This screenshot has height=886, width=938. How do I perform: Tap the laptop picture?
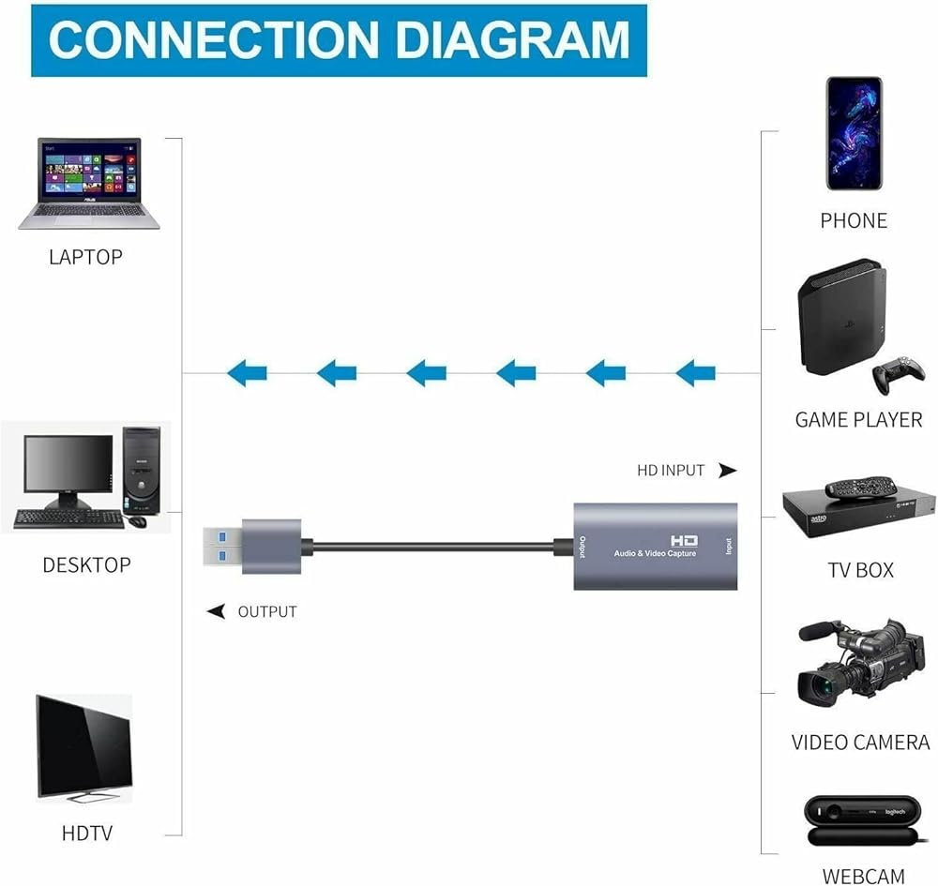[89, 184]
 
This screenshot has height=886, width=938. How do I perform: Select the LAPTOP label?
[85, 256]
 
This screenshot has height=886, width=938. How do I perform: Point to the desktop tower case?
[141, 473]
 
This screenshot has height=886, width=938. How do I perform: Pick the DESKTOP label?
[86, 564]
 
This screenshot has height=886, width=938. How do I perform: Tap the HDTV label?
[87, 833]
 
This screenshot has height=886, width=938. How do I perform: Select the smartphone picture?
[854, 133]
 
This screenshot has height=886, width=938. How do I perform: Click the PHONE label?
[854, 220]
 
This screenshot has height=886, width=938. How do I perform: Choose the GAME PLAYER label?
[858, 420]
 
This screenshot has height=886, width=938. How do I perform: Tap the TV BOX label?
[860, 570]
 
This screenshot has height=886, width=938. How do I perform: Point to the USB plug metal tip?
[223, 546]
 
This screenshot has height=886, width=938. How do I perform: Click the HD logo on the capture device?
[683, 540]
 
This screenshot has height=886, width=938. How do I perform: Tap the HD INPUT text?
[671, 470]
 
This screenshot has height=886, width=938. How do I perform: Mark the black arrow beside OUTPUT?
[217, 611]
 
